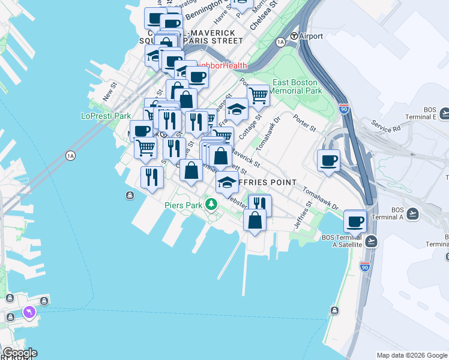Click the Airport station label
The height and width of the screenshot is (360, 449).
(312, 36)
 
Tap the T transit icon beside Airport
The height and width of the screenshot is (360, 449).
(294, 36)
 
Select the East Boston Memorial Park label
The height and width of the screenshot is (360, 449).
(297, 86)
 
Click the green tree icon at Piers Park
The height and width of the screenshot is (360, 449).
(211, 205)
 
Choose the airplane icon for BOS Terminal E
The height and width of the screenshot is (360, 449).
(445, 113)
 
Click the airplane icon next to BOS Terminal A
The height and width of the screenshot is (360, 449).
(413, 213)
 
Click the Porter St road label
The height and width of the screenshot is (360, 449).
(304, 122)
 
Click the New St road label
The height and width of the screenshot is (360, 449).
(108, 92)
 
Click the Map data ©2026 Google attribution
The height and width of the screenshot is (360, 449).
(411, 355)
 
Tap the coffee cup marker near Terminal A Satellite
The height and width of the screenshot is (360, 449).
(355, 221)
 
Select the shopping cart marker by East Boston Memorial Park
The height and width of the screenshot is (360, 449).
(258, 95)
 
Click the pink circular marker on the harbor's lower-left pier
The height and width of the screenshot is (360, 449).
(28, 313)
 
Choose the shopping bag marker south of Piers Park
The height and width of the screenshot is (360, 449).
(255, 220)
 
